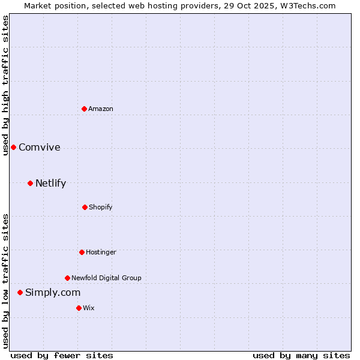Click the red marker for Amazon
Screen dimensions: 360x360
coord(85,109)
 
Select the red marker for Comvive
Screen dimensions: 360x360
coord(13,147)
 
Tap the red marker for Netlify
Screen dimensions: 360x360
coord(30,183)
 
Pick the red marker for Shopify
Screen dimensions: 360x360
coord(85,207)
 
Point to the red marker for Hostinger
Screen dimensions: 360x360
coord(82,252)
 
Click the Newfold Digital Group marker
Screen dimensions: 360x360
coord(67,278)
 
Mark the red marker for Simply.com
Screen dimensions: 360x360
coord(20,292)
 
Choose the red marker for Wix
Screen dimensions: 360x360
coord(79,308)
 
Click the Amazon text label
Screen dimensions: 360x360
coord(101,109)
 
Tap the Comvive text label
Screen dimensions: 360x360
coord(40,148)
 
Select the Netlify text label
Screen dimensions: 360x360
coord(50,184)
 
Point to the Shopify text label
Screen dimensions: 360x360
coord(101,207)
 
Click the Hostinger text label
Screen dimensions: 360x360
coord(101,252)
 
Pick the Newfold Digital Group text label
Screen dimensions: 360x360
coord(106,278)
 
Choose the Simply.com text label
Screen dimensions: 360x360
coord(53,293)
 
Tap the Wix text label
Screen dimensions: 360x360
coord(89,308)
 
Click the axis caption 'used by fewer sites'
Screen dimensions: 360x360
coord(62,355)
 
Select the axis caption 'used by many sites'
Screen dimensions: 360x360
coord(301,355)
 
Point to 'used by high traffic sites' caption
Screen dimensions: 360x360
coord(5,85)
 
